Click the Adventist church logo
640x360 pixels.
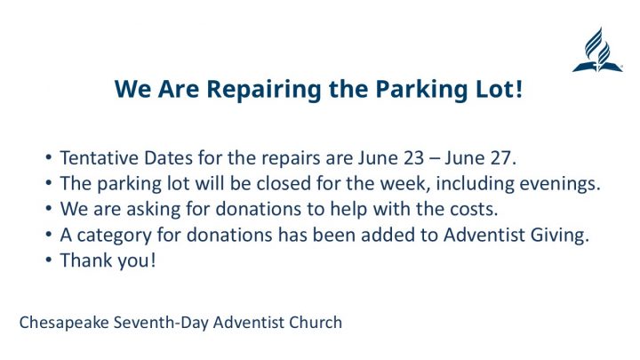(x=597, y=50)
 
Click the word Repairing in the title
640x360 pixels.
(x=264, y=90)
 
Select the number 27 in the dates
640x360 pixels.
(x=500, y=158)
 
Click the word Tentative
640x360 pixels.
(x=100, y=158)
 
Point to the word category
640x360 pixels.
(x=115, y=236)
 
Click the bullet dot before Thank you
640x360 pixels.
(x=49, y=260)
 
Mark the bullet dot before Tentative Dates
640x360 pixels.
(x=49, y=157)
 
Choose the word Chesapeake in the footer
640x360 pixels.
(x=64, y=323)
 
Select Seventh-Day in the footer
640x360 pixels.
(x=161, y=323)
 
